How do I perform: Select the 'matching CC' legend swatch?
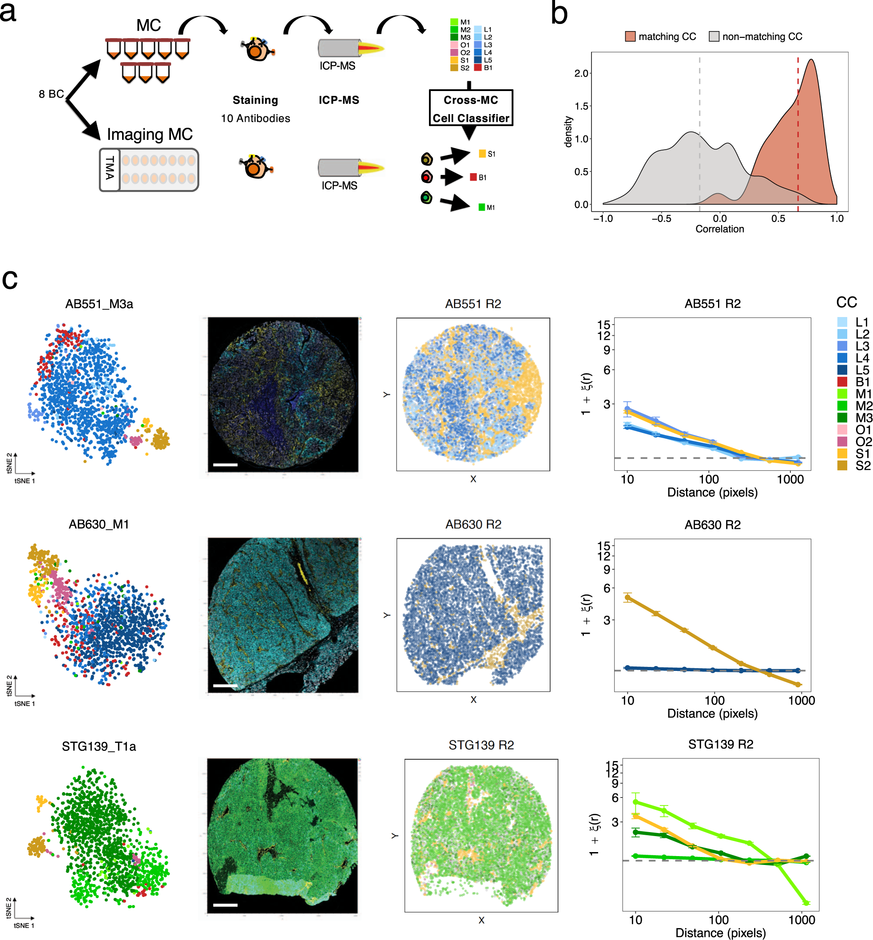coord(630,36)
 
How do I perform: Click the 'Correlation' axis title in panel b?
coord(719,229)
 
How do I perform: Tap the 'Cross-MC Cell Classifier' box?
coord(471,108)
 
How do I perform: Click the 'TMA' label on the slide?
coord(110,169)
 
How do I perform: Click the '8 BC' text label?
coord(51,94)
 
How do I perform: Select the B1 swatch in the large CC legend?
coord(842,382)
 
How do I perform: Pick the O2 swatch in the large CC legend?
coord(842,441)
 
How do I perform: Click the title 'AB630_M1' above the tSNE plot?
coord(99,524)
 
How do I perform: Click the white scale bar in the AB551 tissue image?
coord(225,465)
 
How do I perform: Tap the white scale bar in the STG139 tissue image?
coord(225,905)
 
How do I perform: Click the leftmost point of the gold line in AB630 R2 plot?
coord(627,598)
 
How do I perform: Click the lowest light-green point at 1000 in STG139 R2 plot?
coord(806,903)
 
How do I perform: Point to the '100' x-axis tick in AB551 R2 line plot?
coord(709,480)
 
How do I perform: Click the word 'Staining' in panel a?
coord(255,100)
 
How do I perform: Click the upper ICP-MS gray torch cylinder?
coord(338,48)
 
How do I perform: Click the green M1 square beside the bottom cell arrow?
coord(482,207)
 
